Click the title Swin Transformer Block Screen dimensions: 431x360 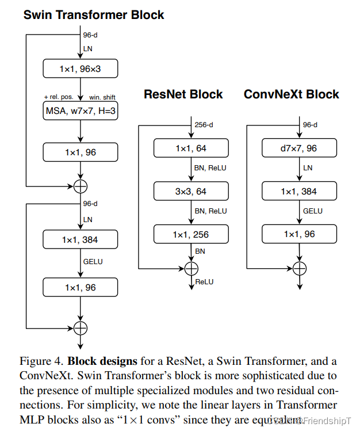point(94,15)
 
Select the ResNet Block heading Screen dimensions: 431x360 point(183,94)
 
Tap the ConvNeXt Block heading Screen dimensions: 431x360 point(292,94)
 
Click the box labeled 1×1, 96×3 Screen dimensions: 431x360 point(81,69)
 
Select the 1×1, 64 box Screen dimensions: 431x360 point(191,148)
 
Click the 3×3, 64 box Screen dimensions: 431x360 point(191,191)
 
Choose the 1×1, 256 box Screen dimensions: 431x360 point(191,234)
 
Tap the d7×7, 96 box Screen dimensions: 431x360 point(299,148)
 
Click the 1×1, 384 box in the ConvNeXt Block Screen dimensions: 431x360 point(299,191)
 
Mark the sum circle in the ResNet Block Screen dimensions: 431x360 point(191,268)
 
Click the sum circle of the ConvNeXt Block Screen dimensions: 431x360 point(299,268)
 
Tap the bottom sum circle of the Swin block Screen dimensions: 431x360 point(81,327)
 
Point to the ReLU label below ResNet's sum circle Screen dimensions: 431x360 point(204,281)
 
